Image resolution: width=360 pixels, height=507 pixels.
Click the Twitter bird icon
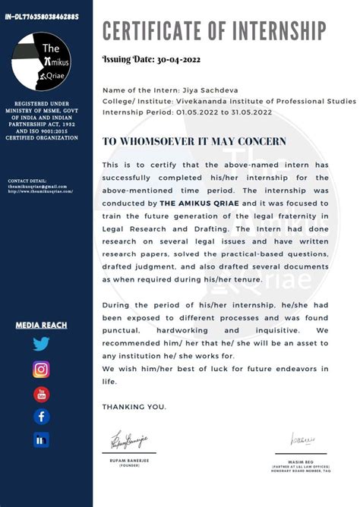pos(41,344)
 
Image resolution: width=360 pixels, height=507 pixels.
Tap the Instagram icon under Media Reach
pos(41,370)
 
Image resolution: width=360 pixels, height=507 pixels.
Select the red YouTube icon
pos(41,394)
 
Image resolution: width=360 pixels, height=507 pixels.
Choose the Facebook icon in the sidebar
pos(41,417)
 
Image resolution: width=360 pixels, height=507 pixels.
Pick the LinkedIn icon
pos(41,439)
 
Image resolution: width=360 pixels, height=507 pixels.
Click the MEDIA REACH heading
pos(41,326)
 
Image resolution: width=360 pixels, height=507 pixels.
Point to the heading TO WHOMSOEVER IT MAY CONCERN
pos(194,141)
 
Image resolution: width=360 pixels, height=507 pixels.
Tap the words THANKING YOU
pos(134,408)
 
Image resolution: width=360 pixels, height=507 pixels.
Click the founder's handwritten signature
pos(130,439)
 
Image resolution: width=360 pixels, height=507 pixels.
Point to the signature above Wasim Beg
pos(302,439)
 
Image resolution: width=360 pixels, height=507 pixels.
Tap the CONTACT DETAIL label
pos(27,181)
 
